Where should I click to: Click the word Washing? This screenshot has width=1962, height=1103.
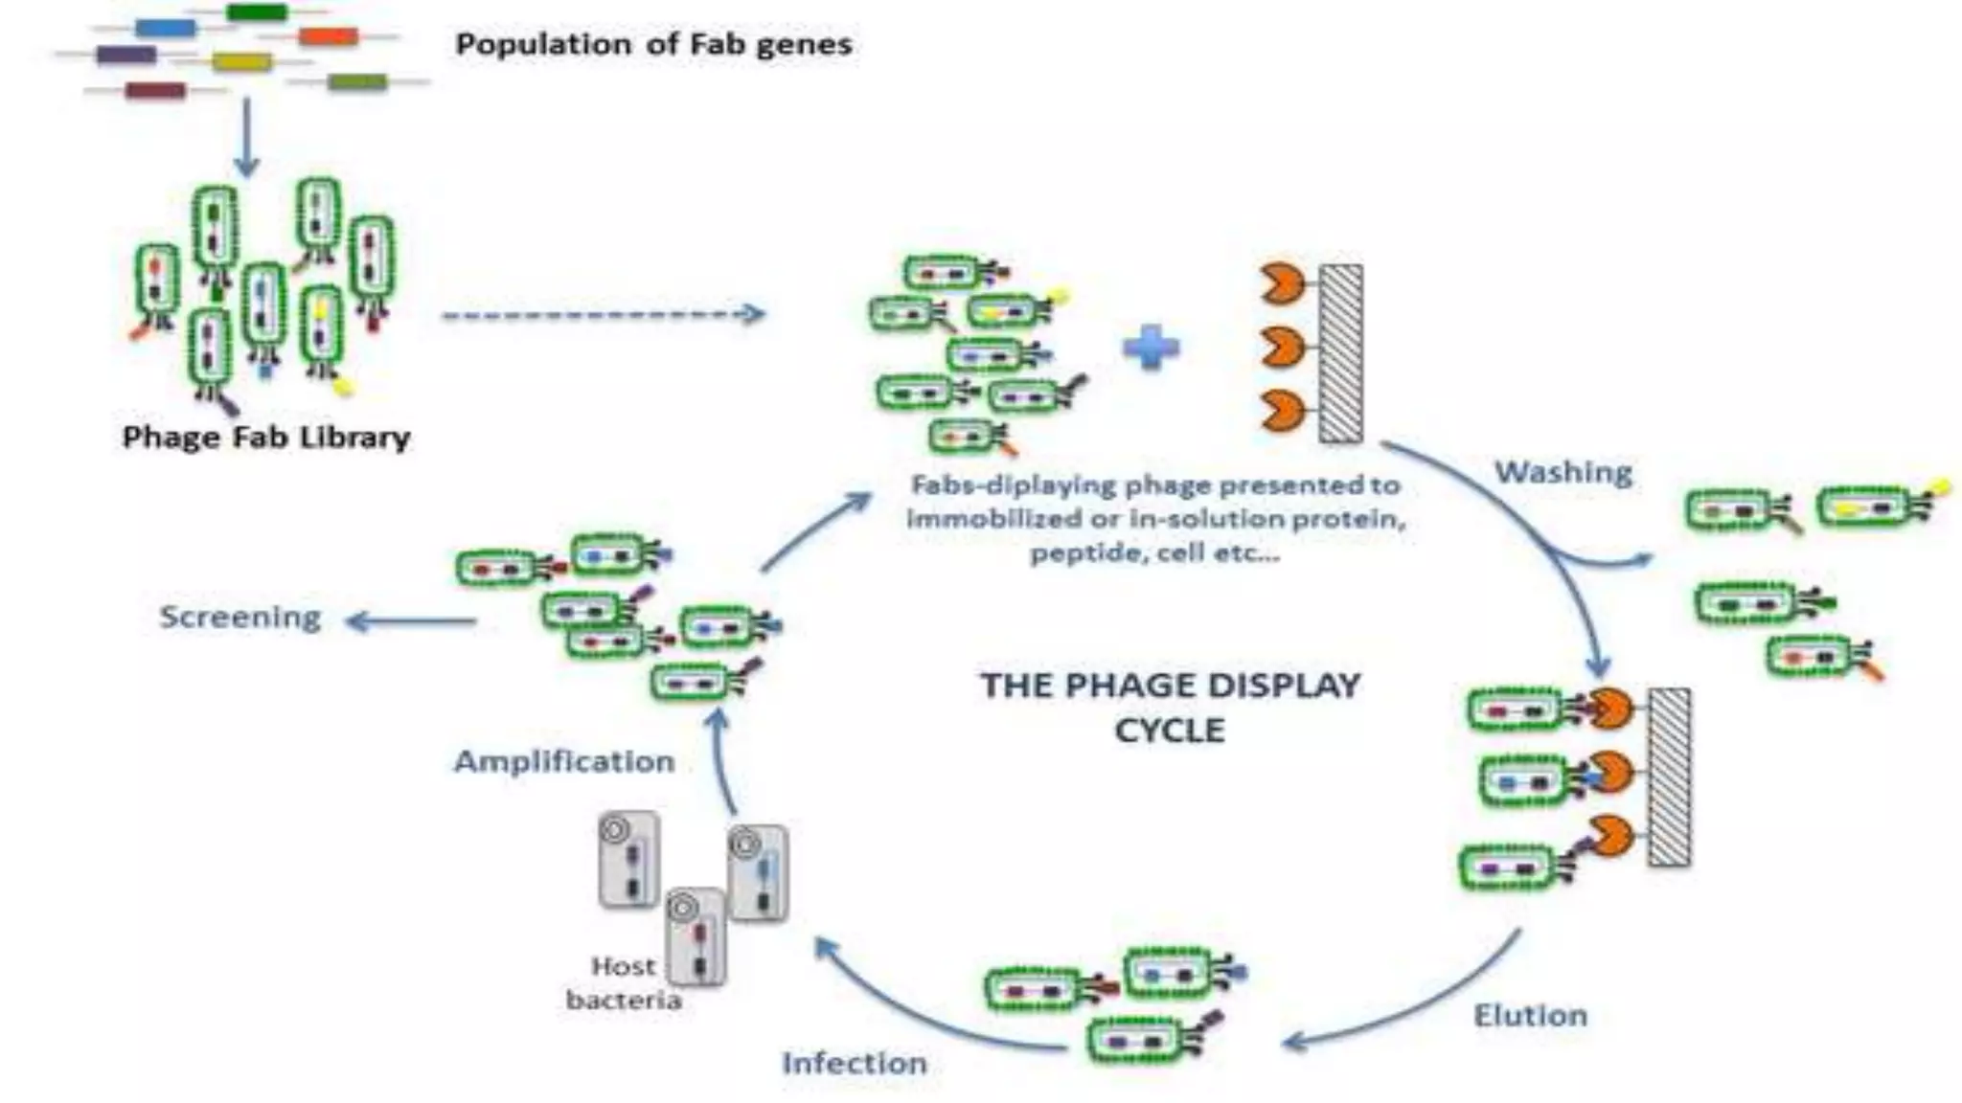click(x=1563, y=472)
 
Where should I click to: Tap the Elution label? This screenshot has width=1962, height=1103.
click(x=1530, y=1015)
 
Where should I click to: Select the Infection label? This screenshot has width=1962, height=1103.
click(x=855, y=1063)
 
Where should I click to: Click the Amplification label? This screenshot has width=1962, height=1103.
click(x=564, y=761)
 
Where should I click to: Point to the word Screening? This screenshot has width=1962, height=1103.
click(x=240, y=618)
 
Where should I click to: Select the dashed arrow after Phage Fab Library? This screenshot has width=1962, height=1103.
click(x=604, y=314)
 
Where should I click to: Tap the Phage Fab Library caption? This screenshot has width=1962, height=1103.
click(x=266, y=438)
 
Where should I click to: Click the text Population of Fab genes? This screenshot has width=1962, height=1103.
click(x=653, y=44)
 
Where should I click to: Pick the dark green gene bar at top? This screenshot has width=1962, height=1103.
click(x=257, y=12)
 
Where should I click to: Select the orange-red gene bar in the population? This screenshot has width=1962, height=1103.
click(x=328, y=37)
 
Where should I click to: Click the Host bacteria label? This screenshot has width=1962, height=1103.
click(x=624, y=983)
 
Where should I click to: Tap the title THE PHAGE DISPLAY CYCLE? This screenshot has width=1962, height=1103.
click(x=1170, y=708)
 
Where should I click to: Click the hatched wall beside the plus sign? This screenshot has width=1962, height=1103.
click(x=1340, y=353)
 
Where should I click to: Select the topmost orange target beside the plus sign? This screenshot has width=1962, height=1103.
click(x=1281, y=283)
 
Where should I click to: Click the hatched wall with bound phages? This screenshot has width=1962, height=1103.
click(x=1669, y=777)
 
